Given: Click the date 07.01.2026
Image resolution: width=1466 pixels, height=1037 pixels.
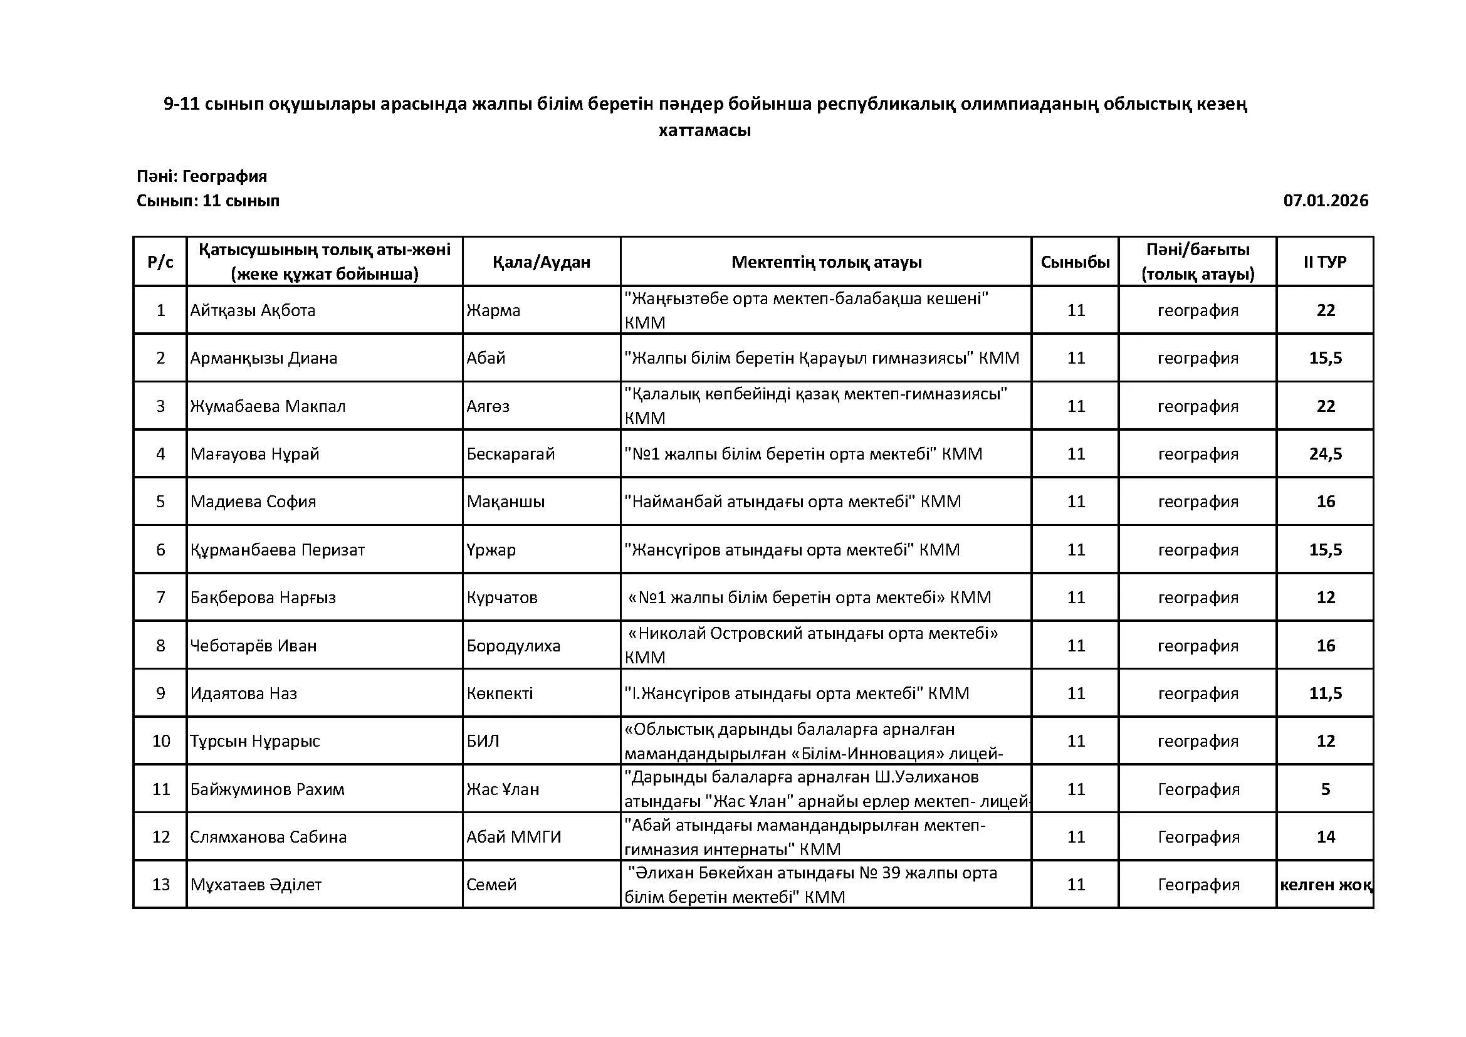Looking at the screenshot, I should point(1326,201).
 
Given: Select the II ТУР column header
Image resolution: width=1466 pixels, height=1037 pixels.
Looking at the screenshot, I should point(1325,262).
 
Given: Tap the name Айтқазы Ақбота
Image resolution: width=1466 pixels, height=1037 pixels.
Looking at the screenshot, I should point(253,310).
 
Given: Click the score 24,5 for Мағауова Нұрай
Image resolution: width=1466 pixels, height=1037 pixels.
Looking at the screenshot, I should point(1326,454).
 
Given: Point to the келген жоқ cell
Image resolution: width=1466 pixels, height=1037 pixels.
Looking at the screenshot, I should point(1326,885).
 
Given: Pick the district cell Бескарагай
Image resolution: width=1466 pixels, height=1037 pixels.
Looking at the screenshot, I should point(511,454).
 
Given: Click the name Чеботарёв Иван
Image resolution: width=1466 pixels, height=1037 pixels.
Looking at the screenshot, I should point(253,646).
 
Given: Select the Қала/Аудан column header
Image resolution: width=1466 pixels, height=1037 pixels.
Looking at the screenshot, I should point(542,262).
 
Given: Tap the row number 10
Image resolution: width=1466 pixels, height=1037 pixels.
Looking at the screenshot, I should point(160,741).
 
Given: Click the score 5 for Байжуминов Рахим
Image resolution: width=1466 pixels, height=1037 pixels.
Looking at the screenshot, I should point(1326,789).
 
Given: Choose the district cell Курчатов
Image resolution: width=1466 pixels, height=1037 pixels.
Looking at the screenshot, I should point(502,597).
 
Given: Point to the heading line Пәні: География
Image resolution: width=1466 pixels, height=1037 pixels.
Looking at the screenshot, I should point(202,176).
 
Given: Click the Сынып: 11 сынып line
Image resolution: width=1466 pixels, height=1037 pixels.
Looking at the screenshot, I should point(208,201).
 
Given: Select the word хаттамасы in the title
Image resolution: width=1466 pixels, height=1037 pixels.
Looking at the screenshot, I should point(705,130).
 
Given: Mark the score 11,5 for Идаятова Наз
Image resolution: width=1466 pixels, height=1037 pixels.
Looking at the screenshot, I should point(1326,693).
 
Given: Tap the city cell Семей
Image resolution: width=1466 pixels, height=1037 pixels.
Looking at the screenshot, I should point(491,885).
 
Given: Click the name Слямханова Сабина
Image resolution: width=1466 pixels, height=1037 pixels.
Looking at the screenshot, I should point(268,837).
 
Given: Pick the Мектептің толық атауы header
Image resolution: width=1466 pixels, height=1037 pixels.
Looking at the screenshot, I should point(826,262).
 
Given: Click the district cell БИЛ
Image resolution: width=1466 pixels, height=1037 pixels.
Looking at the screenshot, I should point(483,741).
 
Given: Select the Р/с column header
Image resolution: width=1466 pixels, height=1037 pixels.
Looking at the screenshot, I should point(160,262).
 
